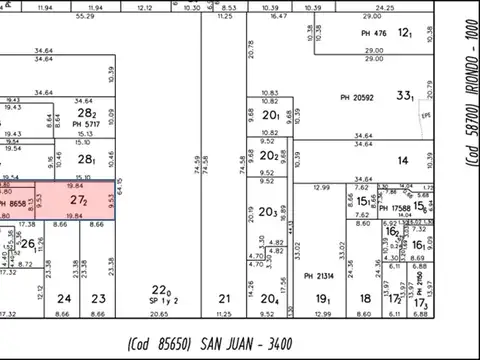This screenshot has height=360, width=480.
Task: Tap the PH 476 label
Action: [373, 33]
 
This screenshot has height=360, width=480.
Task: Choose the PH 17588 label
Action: [398, 207]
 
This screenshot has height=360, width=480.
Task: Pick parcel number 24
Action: [64, 298]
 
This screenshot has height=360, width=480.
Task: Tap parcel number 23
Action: [97, 298]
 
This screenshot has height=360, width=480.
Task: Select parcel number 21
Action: [225, 298]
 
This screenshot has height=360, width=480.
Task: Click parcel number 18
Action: [365, 298]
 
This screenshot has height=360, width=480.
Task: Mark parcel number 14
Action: [403, 160]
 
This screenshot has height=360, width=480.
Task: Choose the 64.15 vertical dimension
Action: [119, 185]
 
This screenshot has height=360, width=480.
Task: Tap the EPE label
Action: [424, 115]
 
